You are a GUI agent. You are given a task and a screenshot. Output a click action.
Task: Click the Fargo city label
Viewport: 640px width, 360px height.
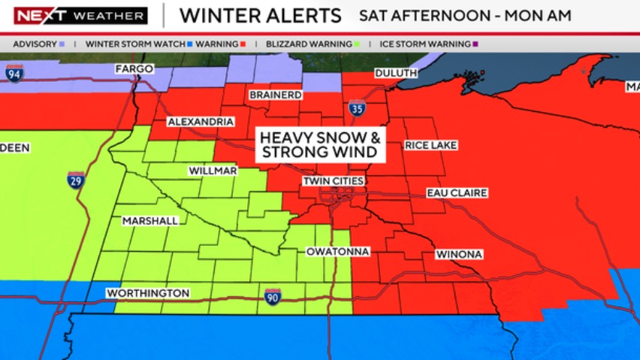[x=134, y=69]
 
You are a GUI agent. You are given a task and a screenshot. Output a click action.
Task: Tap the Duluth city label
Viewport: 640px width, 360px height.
[x=396, y=73]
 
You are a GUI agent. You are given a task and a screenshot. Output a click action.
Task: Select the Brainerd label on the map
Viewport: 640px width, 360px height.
[x=275, y=95]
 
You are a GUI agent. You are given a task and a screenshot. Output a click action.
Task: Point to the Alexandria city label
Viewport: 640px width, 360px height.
[x=196, y=122]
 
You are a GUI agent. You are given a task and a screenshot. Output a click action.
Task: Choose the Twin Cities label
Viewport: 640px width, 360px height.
[x=334, y=182]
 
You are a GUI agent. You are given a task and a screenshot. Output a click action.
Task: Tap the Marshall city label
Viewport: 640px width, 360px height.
[x=151, y=221]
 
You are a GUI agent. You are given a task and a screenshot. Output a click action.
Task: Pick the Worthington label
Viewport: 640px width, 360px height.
[x=148, y=293]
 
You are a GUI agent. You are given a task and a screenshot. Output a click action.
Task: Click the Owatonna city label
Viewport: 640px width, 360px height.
[x=338, y=252]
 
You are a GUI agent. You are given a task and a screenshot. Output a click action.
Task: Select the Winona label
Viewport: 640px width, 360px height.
[x=458, y=255]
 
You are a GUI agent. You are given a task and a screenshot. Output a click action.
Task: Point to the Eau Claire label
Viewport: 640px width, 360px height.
[x=457, y=193]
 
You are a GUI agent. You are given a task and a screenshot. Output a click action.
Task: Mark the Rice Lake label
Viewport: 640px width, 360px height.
[x=430, y=145]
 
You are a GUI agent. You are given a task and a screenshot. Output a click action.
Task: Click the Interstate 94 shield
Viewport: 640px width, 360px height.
[x=14, y=73]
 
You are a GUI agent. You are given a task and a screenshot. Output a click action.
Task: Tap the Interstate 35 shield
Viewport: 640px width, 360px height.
[x=357, y=108]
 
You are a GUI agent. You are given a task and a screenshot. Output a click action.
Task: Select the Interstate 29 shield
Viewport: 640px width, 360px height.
[x=76, y=180]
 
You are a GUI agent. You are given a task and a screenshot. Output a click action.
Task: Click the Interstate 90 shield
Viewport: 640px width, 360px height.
[x=273, y=297]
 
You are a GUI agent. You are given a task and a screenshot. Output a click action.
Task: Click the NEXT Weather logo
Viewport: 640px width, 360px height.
[x=80, y=16]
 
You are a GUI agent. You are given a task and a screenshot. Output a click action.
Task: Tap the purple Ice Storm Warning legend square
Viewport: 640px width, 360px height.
[x=475, y=44]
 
